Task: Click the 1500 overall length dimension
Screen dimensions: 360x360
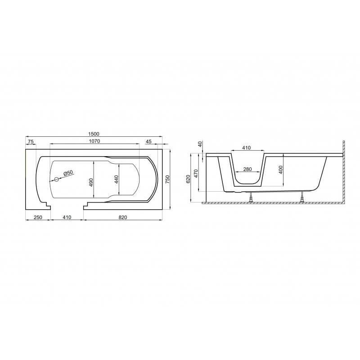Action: tap(94, 134)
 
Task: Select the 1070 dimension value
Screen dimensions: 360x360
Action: tap(94, 141)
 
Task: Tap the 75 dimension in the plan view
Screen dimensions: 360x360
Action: tap(31, 142)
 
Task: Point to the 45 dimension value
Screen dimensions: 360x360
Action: tap(148, 141)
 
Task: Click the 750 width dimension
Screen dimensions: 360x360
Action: tap(167, 179)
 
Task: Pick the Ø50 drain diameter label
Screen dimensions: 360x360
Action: tap(68, 173)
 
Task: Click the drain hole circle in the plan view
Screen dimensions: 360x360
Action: tap(56, 180)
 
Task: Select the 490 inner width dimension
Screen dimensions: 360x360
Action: tap(91, 182)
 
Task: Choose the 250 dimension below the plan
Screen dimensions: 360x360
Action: tap(38, 217)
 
